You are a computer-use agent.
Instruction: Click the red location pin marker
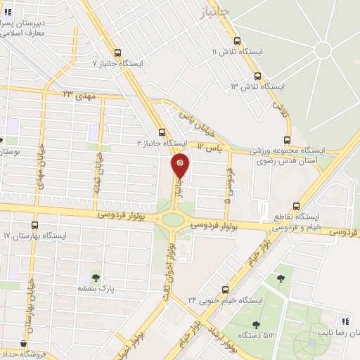click(x=180, y=166)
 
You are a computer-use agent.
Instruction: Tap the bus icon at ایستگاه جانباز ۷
click(x=117, y=52)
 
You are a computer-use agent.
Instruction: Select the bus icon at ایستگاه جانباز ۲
click(x=162, y=131)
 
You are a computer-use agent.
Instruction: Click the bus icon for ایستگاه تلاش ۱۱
click(x=237, y=41)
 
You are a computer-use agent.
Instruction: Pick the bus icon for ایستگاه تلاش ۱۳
click(x=257, y=76)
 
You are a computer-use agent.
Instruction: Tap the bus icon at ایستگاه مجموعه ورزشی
click(x=286, y=139)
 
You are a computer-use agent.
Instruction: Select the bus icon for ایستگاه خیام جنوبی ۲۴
click(x=226, y=289)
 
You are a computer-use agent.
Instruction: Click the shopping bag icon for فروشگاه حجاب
click(x=25, y=344)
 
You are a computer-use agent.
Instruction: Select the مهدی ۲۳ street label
click(x=77, y=94)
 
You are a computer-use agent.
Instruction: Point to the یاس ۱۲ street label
click(x=209, y=147)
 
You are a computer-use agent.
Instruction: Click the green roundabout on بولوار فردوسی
click(x=172, y=219)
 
